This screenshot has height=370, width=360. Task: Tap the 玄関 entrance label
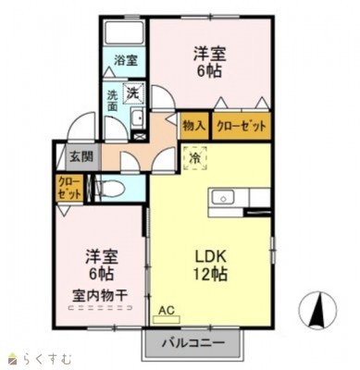pos(81,157)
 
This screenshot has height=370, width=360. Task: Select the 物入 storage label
pos(193,125)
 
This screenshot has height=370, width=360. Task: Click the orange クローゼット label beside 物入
pos(242,125)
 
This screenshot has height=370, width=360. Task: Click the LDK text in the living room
pos(209,253)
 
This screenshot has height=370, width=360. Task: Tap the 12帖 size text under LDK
pos(212,274)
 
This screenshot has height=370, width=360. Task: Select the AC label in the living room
pos(167,311)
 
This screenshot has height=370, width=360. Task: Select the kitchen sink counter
pos(233,198)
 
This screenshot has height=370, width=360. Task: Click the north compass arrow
pos(317,309)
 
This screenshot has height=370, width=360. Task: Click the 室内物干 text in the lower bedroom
pos(100,296)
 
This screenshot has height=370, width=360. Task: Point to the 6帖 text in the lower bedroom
pos(100,275)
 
